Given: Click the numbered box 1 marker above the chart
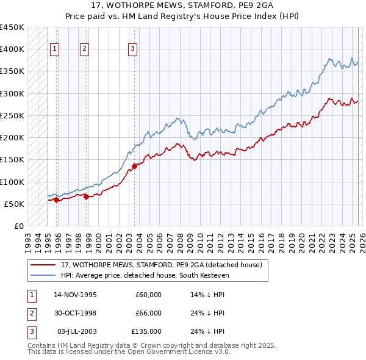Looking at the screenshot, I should [55, 49].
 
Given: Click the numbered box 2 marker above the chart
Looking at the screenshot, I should [84, 49].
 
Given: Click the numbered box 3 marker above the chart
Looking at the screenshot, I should [132, 49].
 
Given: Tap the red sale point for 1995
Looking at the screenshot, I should [56, 200].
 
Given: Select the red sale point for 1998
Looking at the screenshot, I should [86, 196].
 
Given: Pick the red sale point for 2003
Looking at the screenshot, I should [134, 166].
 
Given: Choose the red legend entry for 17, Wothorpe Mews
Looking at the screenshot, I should [161, 265].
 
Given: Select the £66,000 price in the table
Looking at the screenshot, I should [148, 313].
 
